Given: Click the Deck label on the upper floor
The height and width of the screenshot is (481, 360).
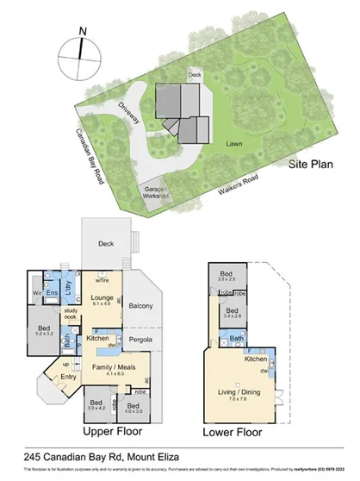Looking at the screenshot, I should click(106, 244).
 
